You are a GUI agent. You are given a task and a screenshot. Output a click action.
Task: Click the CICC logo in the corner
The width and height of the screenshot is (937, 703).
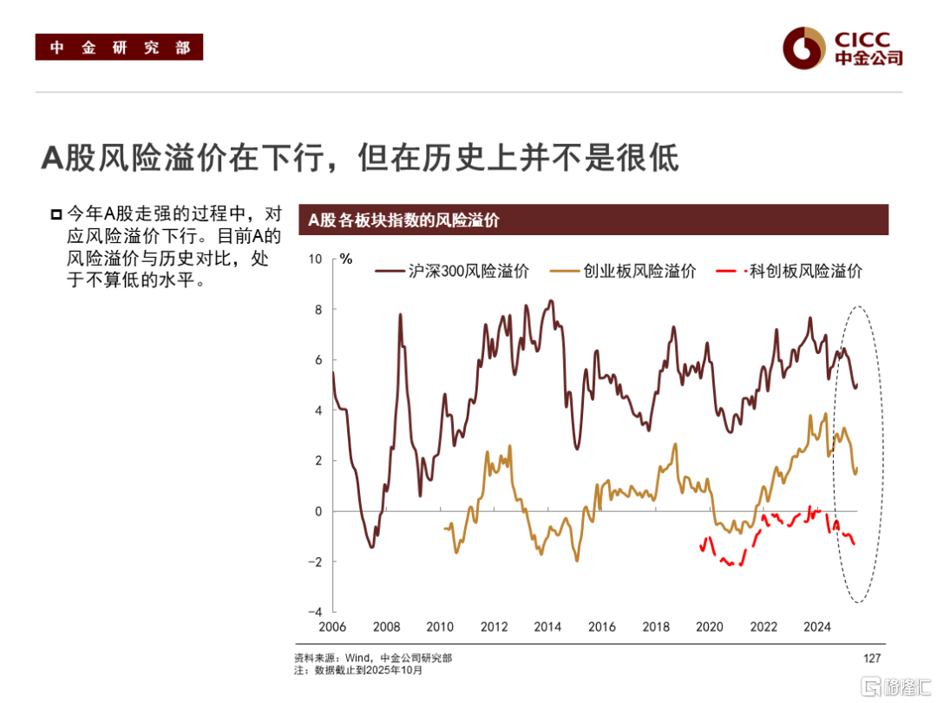pyautogui.click(x=842, y=48)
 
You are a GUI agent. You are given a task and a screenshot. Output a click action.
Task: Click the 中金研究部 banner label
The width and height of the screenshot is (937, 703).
pyautogui.click(x=119, y=47)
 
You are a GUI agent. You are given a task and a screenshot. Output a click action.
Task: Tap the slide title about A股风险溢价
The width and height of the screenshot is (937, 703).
pyautogui.click(x=360, y=158)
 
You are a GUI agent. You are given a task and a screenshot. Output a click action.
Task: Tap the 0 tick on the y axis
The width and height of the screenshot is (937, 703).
pyautogui.click(x=318, y=511)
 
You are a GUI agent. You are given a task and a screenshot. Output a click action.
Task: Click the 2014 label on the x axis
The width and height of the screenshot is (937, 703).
pyautogui.click(x=547, y=627)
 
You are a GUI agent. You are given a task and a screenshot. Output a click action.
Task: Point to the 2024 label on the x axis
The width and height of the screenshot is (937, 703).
pyautogui.click(x=817, y=627)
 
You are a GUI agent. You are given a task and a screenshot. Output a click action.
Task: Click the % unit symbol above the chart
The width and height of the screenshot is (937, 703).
pyautogui.click(x=345, y=259)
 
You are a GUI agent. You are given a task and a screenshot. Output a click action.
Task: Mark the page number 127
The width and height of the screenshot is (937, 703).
pyautogui.click(x=873, y=659)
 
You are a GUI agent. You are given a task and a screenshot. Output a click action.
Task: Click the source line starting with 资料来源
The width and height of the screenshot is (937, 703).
pyautogui.click(x=373, y=659)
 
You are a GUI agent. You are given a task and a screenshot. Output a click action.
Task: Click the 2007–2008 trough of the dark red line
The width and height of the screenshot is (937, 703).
pyautogui.click(x=371, y=547)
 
